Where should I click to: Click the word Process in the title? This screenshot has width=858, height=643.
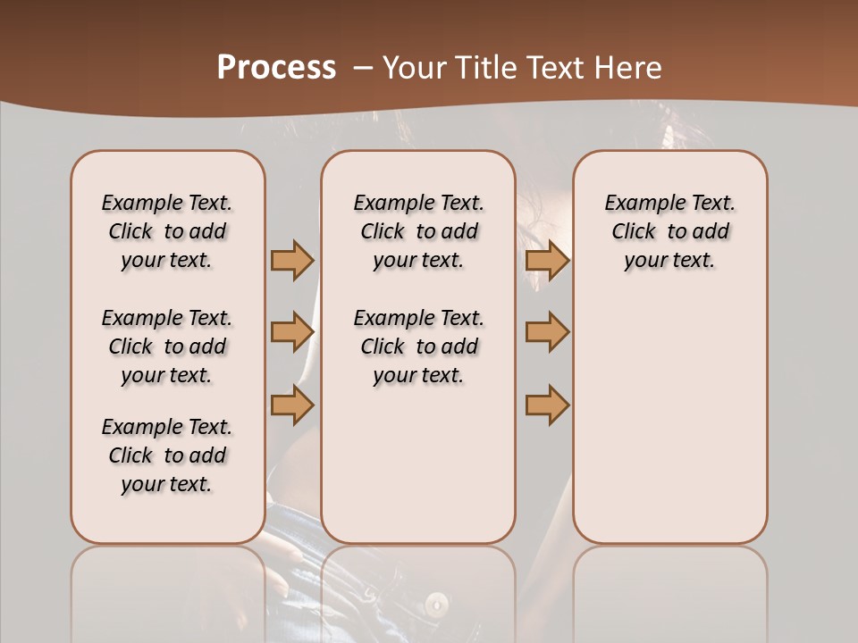pos(276,68)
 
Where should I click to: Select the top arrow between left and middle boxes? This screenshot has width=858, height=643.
pos(292,260)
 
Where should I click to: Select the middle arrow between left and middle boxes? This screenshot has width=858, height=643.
pos(292,332)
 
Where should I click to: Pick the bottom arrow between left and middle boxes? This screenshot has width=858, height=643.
pos(292,405)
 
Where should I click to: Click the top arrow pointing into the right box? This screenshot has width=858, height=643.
pos(547,260)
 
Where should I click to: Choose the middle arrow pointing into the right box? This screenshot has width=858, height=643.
pos(547,332)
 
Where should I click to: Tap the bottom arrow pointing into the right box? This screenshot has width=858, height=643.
pos(547,405)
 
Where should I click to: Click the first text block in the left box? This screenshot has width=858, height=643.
pos(167,231)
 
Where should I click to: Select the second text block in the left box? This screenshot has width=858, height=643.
pos(167,347)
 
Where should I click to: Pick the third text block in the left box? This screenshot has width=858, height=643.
pos(167,455)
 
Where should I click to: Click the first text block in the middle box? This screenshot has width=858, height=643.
pos(419,231)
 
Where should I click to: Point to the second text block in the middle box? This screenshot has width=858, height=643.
pos(419,347)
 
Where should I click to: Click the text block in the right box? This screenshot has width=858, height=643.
pos(670,231)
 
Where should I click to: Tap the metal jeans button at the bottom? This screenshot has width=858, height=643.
pos(436,604)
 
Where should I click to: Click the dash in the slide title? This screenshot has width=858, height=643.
pos(362,69)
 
